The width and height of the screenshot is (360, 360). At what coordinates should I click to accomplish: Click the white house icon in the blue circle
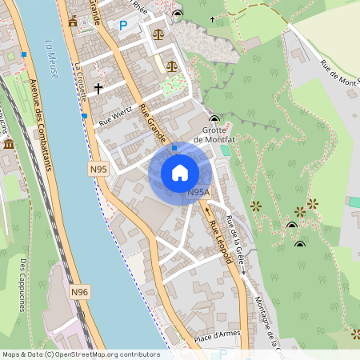tap(180, 173)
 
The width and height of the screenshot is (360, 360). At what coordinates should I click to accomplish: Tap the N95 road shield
tap(98, 169)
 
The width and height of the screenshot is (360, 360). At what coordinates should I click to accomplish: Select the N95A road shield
tap(198, 193)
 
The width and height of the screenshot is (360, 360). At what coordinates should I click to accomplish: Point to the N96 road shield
tap(79, 293)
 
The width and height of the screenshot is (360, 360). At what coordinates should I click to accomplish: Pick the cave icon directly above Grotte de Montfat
tap(213, 118)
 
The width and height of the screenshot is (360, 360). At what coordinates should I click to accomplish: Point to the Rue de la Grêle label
tap(234, 234)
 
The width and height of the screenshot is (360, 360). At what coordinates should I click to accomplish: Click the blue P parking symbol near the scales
tap(123, 26)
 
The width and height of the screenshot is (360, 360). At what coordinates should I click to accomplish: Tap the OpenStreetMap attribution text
tap(80, 354)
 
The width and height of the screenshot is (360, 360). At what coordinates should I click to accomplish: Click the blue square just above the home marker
tap(174, 147)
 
